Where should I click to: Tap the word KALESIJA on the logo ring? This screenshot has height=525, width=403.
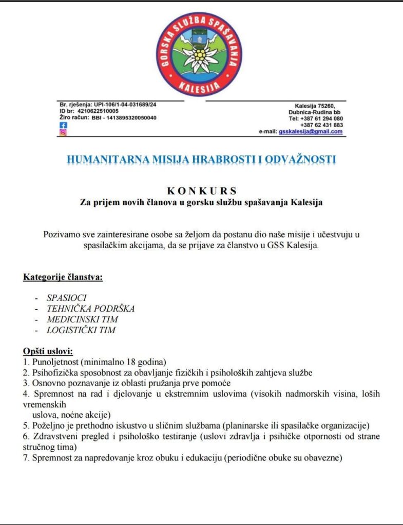point(200,87)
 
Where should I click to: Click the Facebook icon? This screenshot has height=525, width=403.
point(63,125)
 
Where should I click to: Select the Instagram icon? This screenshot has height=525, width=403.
point(63,132)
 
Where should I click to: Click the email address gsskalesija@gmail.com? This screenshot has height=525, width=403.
point(311,132)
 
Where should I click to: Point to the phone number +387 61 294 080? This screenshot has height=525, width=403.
point(321,118)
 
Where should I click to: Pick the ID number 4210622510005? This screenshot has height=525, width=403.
point(96,111)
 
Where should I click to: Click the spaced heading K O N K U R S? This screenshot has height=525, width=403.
point(201,192)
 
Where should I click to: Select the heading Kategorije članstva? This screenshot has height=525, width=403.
point(63,278)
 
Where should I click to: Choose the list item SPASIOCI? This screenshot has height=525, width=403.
point(67,297)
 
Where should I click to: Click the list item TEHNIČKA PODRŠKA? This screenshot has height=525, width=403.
point(90,309)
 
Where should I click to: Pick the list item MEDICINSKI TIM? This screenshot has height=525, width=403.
point(82,319)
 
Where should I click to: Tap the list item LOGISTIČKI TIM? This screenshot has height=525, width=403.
point(81,330)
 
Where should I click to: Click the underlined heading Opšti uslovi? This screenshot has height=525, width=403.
point(48,351)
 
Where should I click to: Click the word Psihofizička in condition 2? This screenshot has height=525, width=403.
point(56,372)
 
